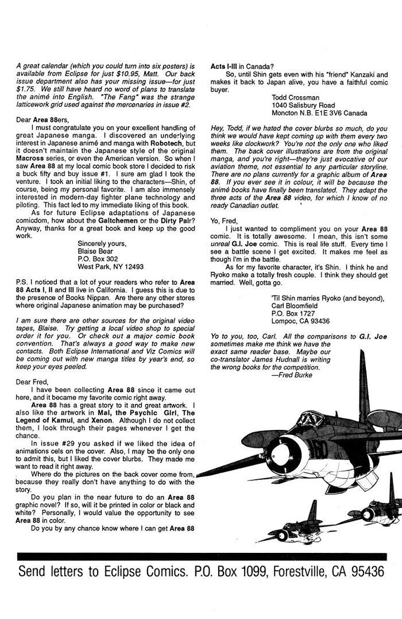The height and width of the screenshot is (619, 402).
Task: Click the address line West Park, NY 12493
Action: [111, 267]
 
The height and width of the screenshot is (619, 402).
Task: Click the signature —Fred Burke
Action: [295, 375]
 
